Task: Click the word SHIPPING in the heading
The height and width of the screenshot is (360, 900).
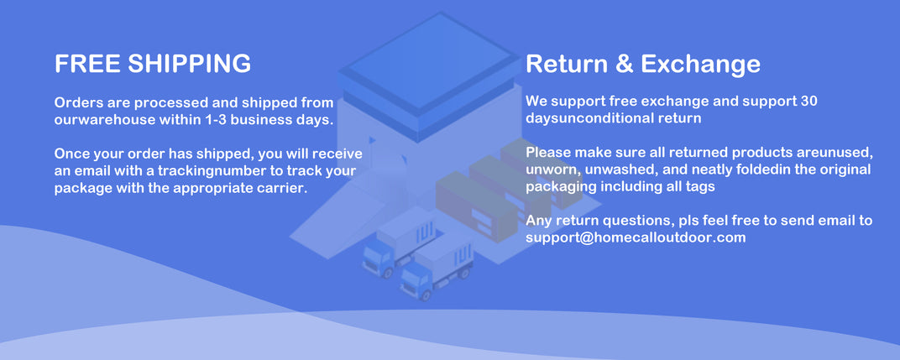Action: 189,63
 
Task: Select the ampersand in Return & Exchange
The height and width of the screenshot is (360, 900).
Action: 624,63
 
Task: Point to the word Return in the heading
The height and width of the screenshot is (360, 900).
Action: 567,63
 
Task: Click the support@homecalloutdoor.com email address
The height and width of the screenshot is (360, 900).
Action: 636,237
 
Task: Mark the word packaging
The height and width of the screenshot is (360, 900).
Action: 561,187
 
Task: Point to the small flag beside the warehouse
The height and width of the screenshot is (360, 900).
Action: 373,140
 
